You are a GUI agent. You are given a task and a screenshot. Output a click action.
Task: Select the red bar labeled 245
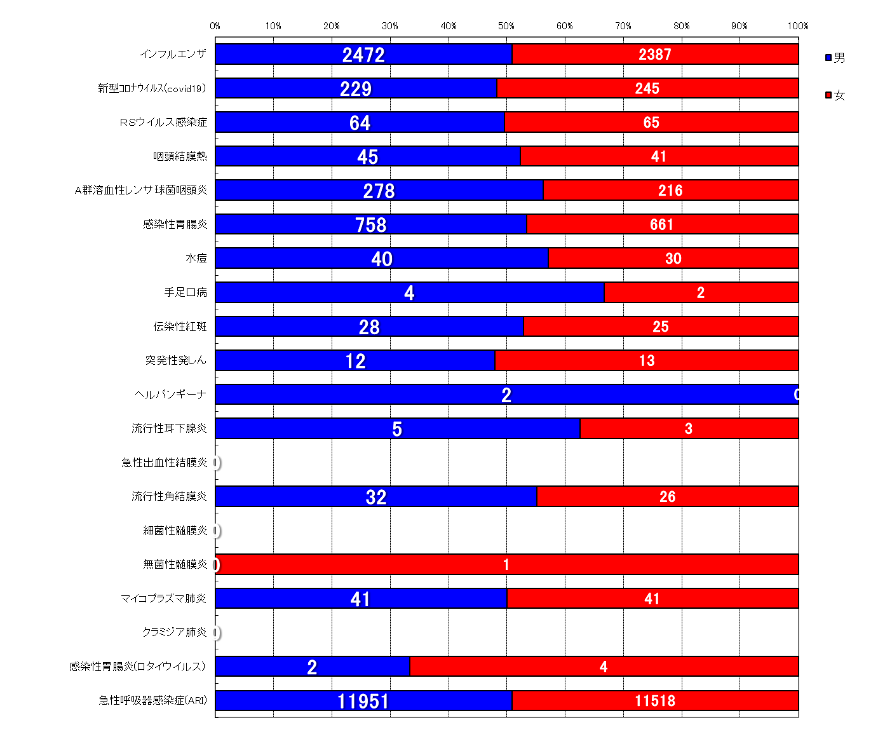tap(647, 88)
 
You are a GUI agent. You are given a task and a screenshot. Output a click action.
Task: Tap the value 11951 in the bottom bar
tap(363, 701)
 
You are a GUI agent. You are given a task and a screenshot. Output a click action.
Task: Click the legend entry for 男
tap(835, 58)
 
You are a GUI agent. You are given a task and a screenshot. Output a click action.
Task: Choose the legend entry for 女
tap(835, 95)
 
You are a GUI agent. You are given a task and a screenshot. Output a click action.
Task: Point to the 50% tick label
tap(506, 26)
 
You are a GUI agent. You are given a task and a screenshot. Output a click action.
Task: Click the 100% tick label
tap(797, 26)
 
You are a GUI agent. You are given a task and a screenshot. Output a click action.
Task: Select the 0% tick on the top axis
tap(215, 26)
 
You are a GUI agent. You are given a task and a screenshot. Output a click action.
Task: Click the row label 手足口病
tap(186, 292)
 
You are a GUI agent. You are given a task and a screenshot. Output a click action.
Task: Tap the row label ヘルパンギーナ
tap(171, 395)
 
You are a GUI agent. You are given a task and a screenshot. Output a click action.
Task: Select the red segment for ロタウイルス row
tap(604, 667)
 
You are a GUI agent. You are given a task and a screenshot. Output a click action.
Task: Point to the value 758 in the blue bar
tap(371, 224)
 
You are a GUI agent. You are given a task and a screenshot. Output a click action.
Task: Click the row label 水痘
tap(196, 258)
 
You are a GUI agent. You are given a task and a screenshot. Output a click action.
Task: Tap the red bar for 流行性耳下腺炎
tap(689, 428)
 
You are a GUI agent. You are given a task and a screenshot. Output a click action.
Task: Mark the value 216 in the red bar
tap(670, 190)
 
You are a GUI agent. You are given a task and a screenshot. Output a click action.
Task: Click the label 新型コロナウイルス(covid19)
tap(152, 88)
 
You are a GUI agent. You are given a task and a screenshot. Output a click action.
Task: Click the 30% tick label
tap(390, 26)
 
